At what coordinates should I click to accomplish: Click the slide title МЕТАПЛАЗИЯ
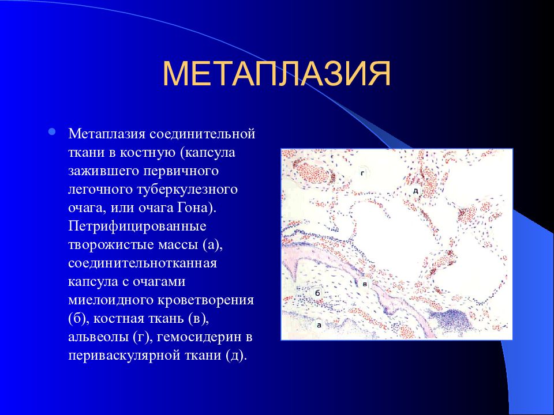(276, 74)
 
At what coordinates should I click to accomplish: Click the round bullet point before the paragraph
(52, 132)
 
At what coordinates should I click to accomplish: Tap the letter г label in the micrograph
(362, 173)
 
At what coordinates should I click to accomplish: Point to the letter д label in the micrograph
(416, 191)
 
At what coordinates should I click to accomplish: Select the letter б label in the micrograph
(317, 293)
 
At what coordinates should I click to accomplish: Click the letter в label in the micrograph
(365, 284)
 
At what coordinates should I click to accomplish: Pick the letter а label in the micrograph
(319, 325)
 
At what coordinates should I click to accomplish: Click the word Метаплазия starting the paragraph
(107, 134)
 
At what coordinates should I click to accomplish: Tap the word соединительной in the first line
(203, 134)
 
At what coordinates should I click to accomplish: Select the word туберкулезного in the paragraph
(187, 190)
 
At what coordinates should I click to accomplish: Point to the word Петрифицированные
(137, 226)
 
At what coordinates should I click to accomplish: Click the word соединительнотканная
(143, 263)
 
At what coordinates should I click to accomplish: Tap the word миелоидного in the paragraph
(111, 300)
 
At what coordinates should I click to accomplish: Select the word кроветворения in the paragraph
(205, 300)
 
